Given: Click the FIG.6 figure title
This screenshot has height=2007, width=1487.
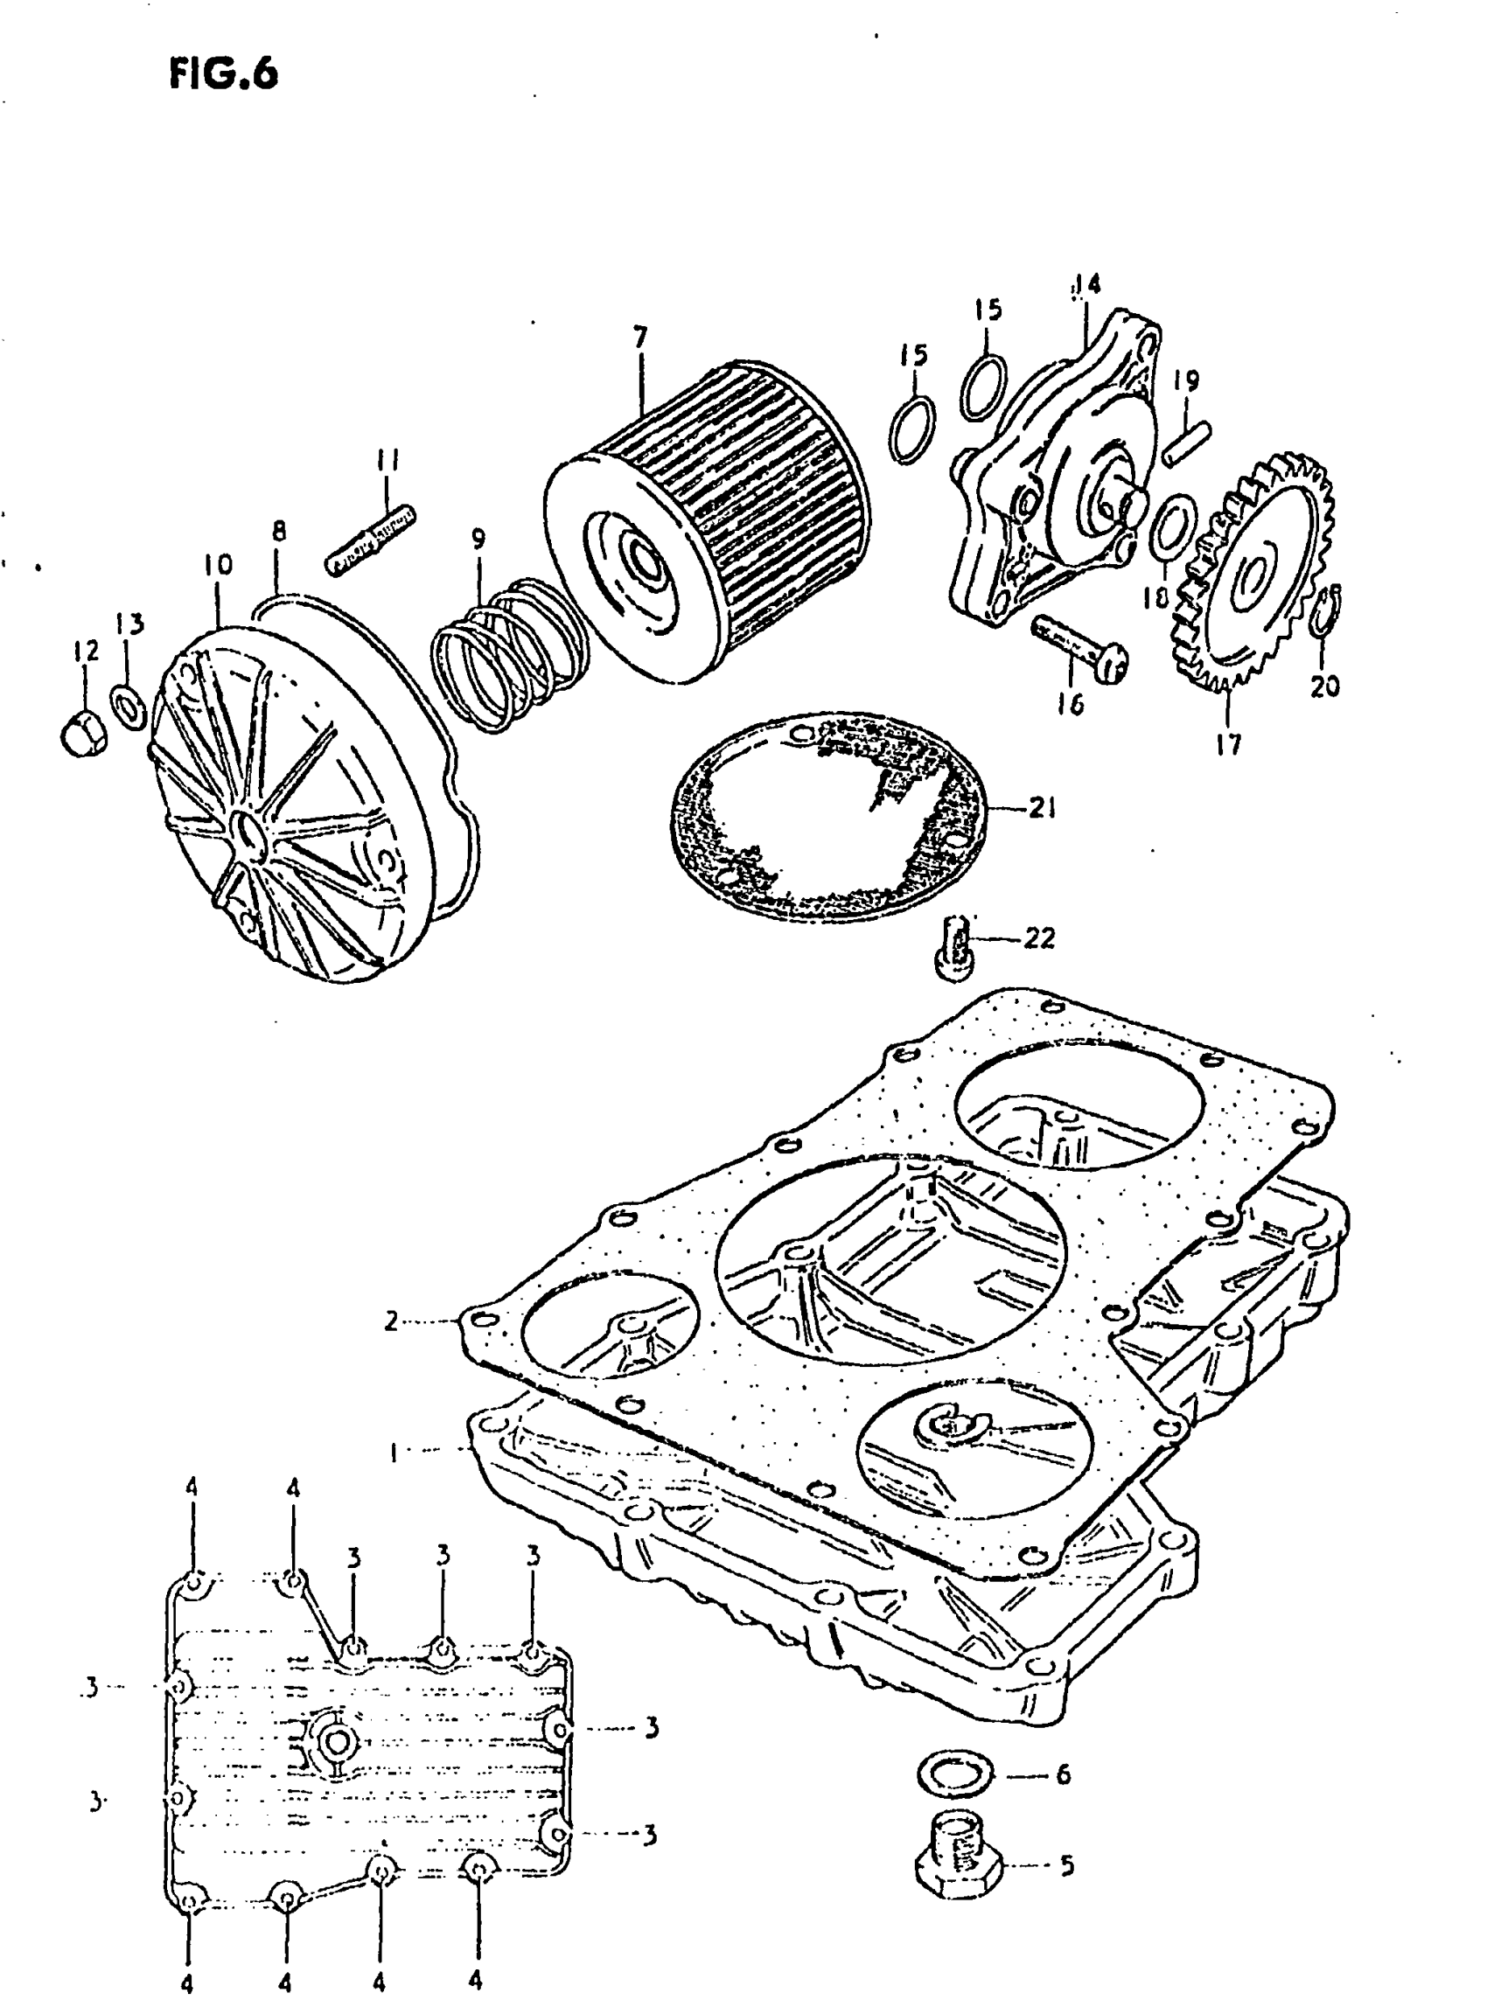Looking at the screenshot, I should point(223,73).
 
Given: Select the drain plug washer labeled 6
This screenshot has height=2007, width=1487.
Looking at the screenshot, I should point(955,1774).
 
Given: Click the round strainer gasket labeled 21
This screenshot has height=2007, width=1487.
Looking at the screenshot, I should point(828,814).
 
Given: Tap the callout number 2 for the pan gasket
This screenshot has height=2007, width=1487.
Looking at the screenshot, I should point(391,1322).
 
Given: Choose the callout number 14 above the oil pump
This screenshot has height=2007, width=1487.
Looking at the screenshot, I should point(1086,285).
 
